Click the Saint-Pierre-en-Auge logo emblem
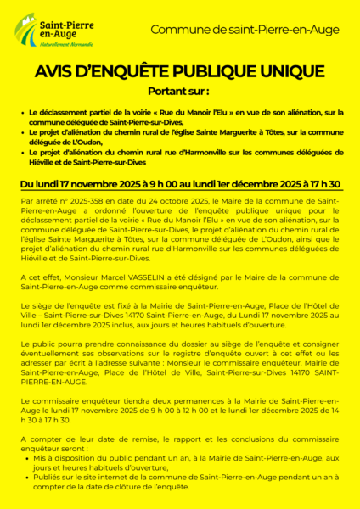29,26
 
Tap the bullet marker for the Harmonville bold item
22,153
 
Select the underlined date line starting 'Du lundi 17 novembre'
180,184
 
